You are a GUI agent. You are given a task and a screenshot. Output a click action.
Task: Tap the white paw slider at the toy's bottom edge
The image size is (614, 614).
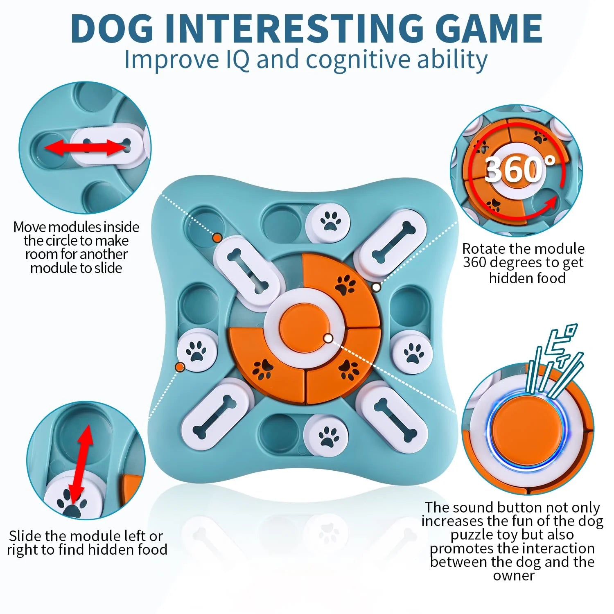click(x=326, y=437)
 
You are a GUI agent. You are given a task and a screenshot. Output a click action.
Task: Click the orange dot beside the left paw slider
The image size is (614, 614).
click(x=179, y=367)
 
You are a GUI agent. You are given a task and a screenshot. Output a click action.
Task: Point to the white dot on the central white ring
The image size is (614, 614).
click(x=328, y=338)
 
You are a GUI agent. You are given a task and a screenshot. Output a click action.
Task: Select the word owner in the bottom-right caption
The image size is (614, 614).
click(x=513, y=576)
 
